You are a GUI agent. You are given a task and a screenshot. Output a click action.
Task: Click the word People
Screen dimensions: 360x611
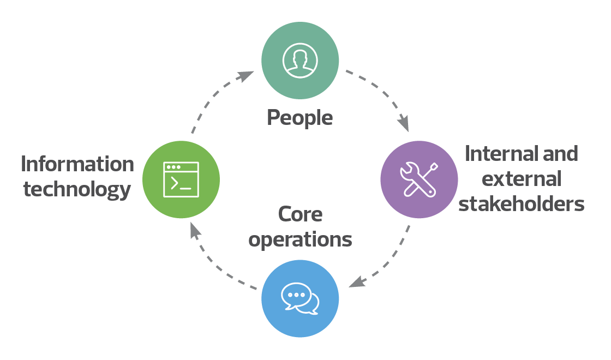tap(299, 117)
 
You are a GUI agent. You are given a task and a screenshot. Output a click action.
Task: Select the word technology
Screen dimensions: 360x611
tap(77, 189)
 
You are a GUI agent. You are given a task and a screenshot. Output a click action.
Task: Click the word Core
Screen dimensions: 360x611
tap(300, 214)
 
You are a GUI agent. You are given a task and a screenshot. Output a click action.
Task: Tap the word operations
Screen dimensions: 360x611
tap(300, 239)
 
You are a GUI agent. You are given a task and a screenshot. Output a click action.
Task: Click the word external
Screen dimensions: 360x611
tap(523, 179)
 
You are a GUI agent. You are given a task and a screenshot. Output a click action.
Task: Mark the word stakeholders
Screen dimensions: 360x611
tap(522, 204)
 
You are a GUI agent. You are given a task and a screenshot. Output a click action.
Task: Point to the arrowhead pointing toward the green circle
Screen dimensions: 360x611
tap(194, 231)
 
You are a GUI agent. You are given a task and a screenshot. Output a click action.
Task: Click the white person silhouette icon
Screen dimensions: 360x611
tap(300, 60)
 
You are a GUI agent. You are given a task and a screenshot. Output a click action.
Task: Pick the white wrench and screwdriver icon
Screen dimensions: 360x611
tap(418, 179)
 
